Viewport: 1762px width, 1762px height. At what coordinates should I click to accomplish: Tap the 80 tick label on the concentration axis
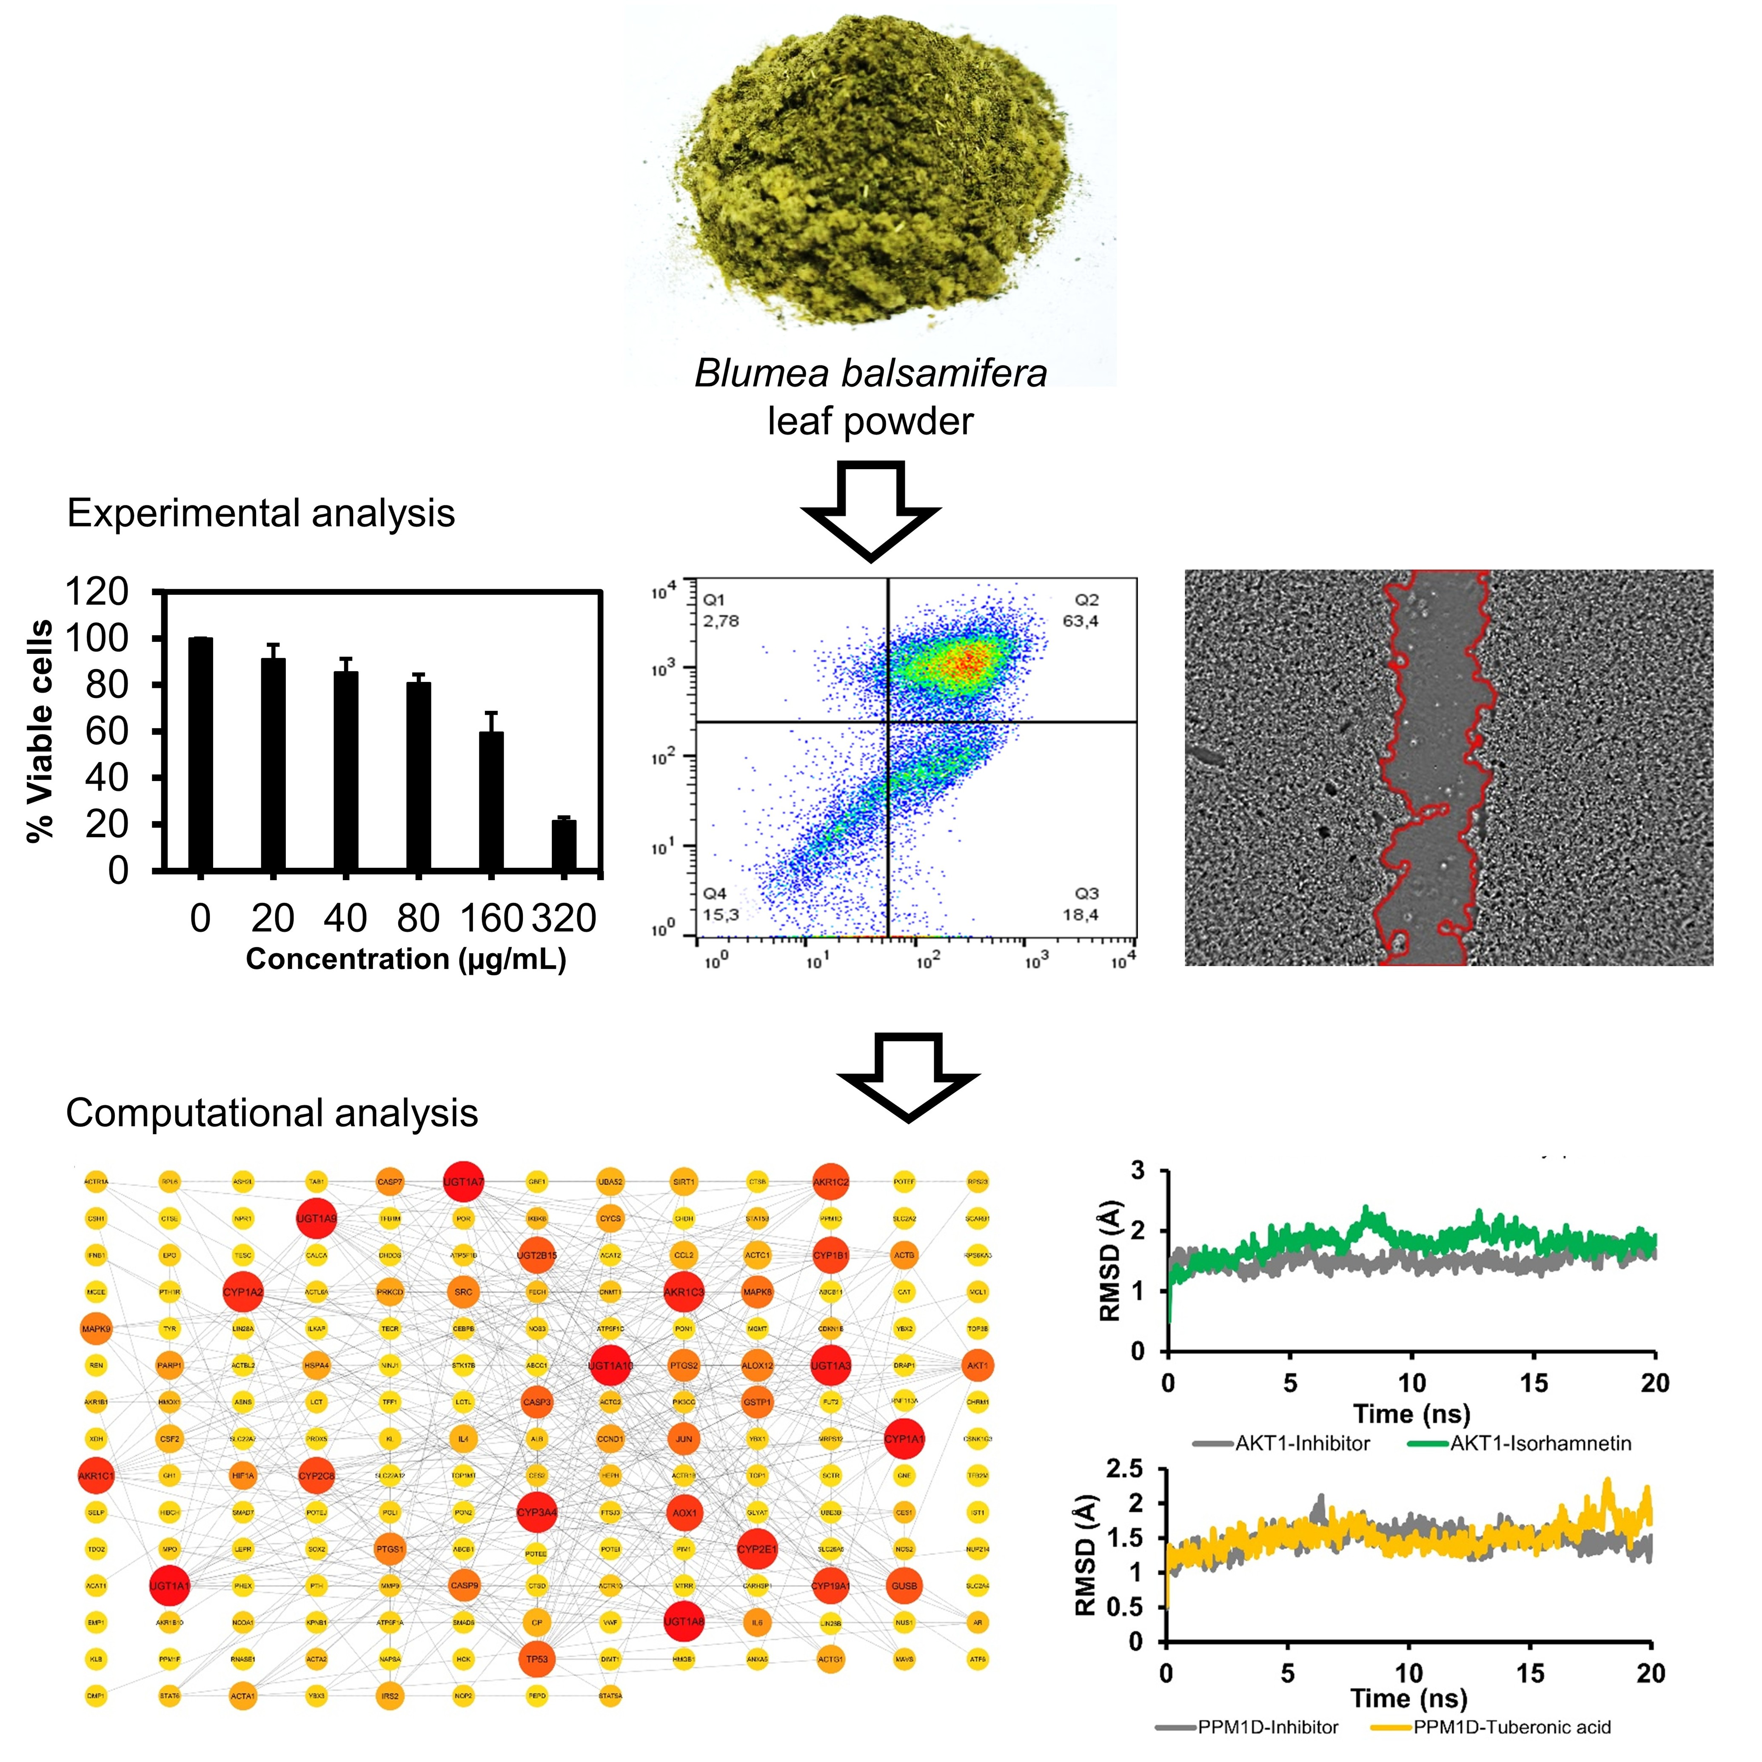pos(419,918)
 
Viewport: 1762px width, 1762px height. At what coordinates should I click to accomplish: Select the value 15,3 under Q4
pos(721,915)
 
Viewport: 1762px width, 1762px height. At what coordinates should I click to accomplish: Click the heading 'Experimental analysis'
pos(261,513)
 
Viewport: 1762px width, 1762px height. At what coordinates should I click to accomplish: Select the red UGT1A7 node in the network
pos(463,1182)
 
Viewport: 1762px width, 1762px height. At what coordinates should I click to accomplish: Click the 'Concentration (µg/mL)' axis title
pos(406,959)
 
